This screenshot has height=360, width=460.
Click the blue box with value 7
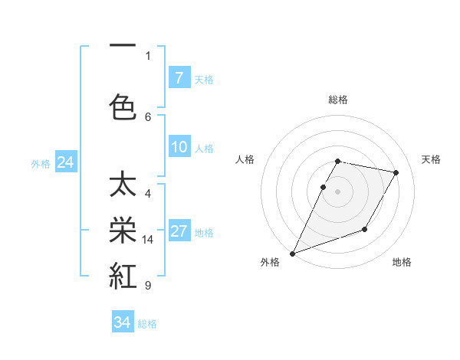179,78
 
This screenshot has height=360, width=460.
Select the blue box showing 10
179,147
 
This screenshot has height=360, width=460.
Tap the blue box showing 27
179,231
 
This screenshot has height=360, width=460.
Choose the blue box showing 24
65,162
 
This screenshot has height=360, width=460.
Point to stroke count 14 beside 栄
148,240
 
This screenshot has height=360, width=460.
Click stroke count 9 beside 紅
148,286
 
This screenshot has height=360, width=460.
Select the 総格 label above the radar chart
337,100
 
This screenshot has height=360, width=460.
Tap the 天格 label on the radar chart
432,159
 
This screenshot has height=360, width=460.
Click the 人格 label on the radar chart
245,159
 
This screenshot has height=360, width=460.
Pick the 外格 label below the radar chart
270,263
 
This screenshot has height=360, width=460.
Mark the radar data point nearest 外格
292,253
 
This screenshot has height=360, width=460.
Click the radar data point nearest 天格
396,172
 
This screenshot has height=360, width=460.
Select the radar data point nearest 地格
365,229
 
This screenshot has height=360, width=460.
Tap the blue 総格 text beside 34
147,324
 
